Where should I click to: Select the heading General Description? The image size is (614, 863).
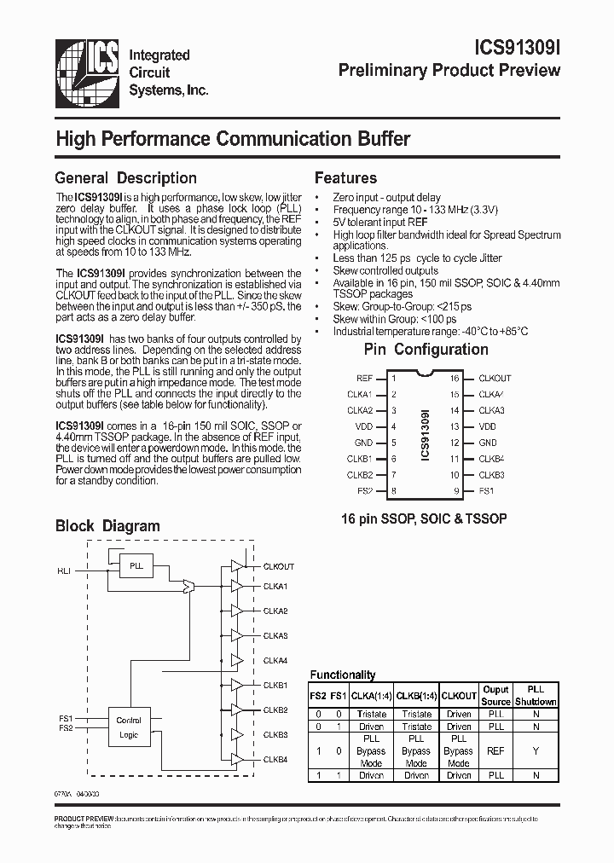(x=125, y=178)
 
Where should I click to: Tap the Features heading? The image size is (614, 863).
(x=345, y=178)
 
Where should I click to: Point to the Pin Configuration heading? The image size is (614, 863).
(x=426, y=349)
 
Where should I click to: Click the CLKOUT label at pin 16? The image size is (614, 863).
(x=495, y=378)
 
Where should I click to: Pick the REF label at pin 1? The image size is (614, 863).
(x=364, y=378)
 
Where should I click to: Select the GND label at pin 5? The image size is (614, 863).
(x=363, y=443)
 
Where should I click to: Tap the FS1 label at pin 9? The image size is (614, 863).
(x=486, y=491)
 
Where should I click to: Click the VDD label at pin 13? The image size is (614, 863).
(x=487, y=426)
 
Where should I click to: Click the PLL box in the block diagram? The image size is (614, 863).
(x=136, y=565)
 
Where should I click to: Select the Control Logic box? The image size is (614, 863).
(x=129, y=727)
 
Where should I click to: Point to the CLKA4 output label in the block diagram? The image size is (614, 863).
(x=275, y=661)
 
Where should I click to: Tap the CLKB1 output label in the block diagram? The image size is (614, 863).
(x=275, y=686)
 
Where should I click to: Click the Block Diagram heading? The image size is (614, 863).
(x=107, y=525)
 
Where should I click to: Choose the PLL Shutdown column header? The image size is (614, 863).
(x=535, y=695)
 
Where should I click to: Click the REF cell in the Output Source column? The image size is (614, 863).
(x=495, y=751)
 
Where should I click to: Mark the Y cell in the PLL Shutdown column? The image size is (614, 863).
(x=535, y=751)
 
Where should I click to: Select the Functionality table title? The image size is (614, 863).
(x=342, y=675)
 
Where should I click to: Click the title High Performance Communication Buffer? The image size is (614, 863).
(x=233, y=139)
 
